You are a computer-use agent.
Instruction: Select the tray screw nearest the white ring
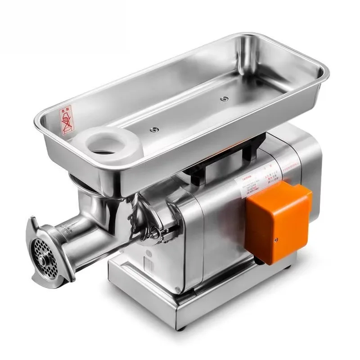click(x=155, y=129)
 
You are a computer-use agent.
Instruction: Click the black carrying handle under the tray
click(x=225, y=157)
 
